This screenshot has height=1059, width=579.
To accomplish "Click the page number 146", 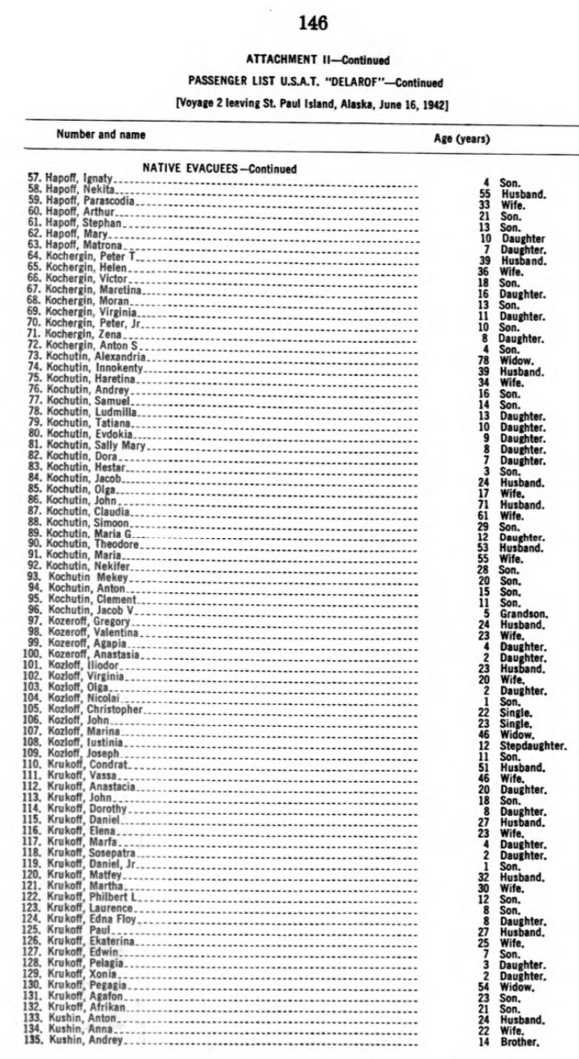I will (x=312, y=24).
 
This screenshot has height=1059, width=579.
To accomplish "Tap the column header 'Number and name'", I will (x=101, y=135).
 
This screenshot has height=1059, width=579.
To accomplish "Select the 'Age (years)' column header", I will (x=462, y=139).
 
